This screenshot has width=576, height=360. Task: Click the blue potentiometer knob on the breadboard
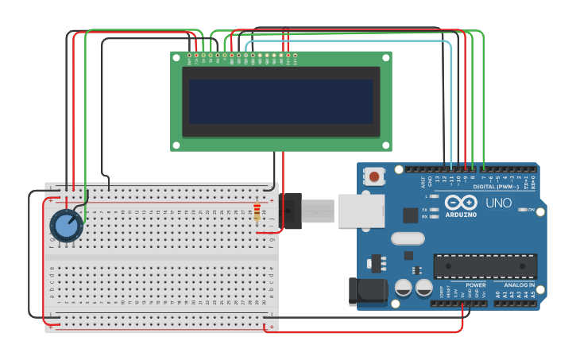[x=65, y=226]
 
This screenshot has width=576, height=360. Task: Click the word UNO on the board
[x=498, y=203]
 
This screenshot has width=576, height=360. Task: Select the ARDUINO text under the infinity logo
[x=461, y=215]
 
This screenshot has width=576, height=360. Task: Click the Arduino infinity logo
[x=461, y=202]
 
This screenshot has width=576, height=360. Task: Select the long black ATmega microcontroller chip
[x=485, y=266]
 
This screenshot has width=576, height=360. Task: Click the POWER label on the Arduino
[x=476, y=285]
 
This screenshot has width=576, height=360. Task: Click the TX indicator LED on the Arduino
[x=434, y=209]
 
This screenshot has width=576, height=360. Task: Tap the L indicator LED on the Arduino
[x=434, y=195]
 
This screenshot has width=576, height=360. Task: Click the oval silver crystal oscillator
[x=408, y=238]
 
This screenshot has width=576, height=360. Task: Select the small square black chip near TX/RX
[x=410, y=215]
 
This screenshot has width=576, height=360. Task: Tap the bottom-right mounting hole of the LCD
[x=385, y=145]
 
